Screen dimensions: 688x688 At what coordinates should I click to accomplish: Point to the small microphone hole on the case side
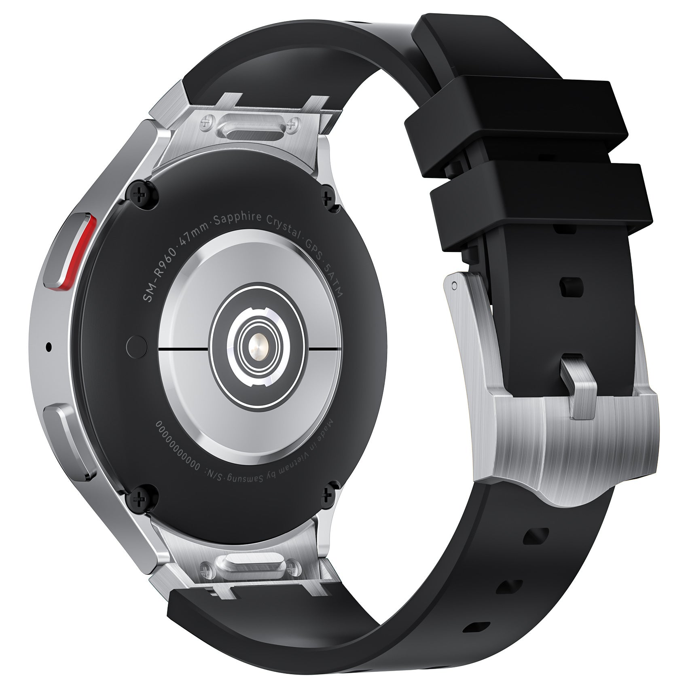[x=49, y=346]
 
